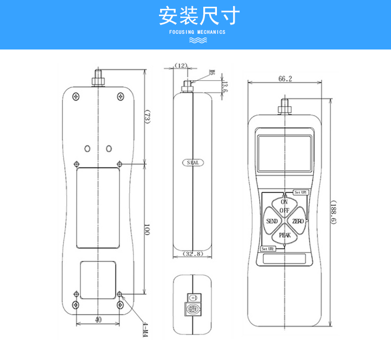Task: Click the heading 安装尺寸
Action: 195,16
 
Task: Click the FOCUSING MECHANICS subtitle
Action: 198,32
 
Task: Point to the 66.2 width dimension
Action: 285,79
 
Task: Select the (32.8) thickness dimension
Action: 192,254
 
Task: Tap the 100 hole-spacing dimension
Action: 146,229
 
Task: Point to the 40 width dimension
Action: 98,320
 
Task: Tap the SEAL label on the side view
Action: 192,163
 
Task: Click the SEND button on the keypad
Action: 272,221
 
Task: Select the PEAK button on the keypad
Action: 285,235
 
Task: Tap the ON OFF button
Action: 284,206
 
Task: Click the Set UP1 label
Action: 301,192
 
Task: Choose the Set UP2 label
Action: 268,249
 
